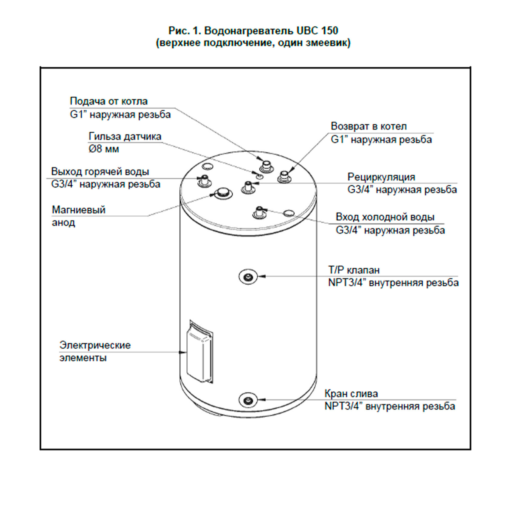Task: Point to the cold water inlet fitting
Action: point(259,213)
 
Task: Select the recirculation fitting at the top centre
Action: point(248,187)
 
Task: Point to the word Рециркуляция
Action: point(381,177)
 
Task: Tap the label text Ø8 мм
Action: point(104,149)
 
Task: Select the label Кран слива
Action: point(351,393)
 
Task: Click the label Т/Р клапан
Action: point(354,270)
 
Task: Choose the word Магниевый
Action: point(79,210)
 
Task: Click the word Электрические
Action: point(95,345)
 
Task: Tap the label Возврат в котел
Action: point(369,126)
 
